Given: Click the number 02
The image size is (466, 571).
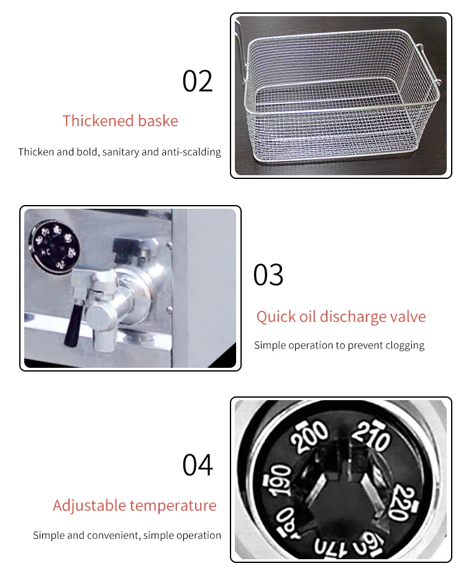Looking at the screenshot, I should (x=198, y=81).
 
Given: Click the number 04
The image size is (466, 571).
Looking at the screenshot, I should (x=198, y=465).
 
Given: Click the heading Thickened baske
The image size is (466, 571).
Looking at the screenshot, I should (x=120, y=121).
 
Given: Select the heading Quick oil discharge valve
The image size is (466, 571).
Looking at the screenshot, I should (x=341, y=317).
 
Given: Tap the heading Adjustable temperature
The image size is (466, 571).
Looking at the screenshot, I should (x=134, y=505).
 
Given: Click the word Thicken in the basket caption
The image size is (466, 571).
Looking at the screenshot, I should (x=36, y=152).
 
